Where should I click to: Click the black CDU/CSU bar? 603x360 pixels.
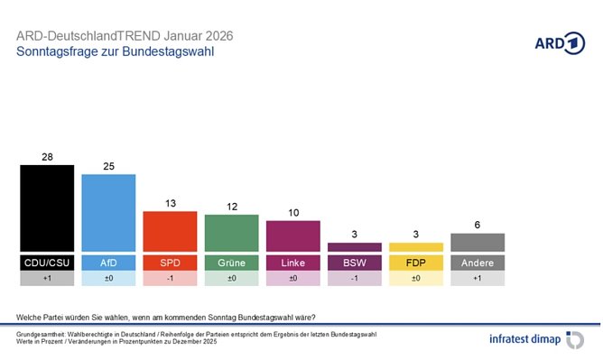point(47,208)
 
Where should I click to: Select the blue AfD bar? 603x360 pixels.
point(108,212)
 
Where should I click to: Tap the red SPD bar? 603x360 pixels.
point(170,231)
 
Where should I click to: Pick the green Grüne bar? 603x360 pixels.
point(231,233)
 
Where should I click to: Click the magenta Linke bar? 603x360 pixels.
point(292,235)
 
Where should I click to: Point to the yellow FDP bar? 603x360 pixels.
point(415,246)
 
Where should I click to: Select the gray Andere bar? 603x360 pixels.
point(477,242)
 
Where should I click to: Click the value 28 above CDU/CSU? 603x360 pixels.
point(47,157)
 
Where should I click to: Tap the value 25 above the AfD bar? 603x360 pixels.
point(108,166)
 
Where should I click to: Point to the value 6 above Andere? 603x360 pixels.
point(477,225)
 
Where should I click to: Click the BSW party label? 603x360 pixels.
point(354,263)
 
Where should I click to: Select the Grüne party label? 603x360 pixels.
point(231,263)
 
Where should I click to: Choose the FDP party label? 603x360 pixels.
point(415,263)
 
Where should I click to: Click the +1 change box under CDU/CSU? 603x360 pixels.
point(47,280)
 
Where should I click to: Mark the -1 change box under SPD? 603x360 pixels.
point(170,280)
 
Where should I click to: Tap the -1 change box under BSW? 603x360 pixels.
point(354,280)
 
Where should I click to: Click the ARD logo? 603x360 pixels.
point(560,43)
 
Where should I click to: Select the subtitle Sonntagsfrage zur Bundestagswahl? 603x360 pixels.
point(116,52)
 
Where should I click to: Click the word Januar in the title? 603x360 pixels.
point(184,36)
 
